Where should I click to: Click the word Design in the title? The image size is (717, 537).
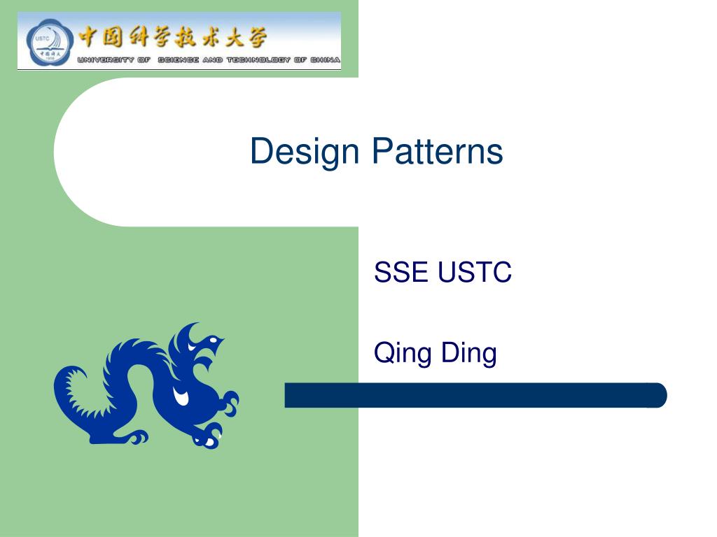pyautogui.click(x=307, y=152)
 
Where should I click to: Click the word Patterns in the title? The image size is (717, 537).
pyautogui.click(x=437, y=152)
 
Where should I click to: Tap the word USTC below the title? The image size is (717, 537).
pyautogui.click(x=475, y=272)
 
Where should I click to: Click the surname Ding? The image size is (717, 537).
pyautogui.click(x=469, y=352)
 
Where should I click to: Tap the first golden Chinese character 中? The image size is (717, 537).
pyautogui.click(x=90, y=36)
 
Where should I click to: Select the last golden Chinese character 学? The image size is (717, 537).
pyautogui.click(x=253, y=36)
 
